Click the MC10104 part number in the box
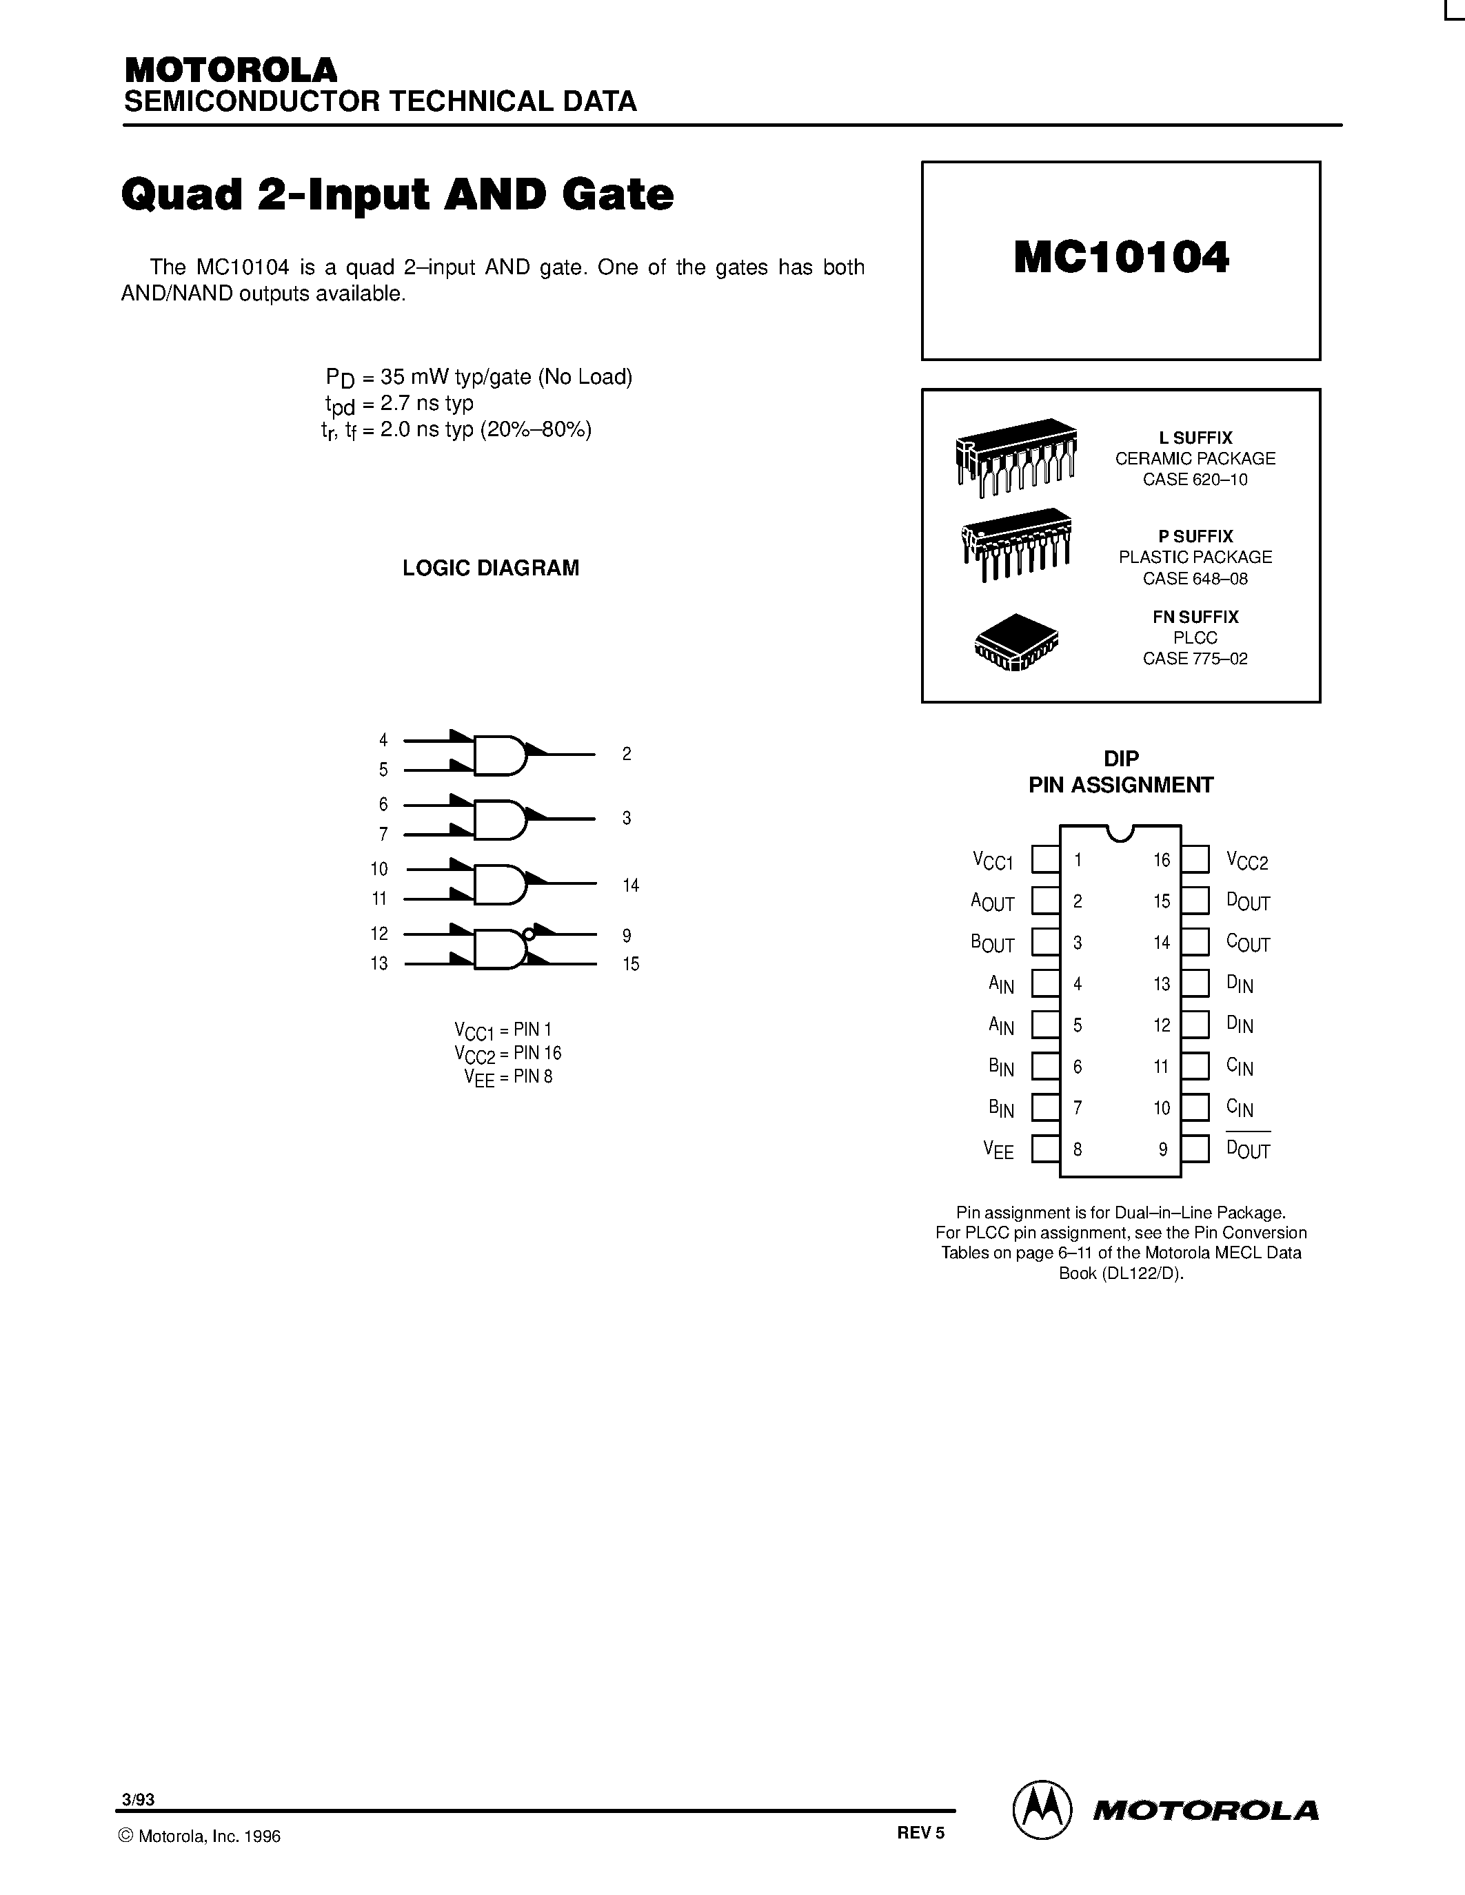[x=1120, y=258]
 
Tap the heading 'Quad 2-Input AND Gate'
[x=398, y=194]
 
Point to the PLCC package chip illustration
[x=1016, y=643]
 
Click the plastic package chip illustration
[x=1016, y=544]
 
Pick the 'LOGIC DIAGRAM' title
[x=490, y=568]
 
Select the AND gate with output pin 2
[x=499, y=755]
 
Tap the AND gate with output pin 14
[x=499, y=884]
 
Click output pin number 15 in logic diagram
[x=631, y=964]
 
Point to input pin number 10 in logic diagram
[x=379, y=868]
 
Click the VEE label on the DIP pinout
[x=998, y=1151]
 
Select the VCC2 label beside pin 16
[x=1247, y=861]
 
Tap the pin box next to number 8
[x=1045, y=1149]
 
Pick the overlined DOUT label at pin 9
[x=1248, y=1149]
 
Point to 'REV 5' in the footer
[x=920, y=1832]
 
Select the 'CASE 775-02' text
[x=1195, y=659]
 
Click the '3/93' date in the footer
[x=139, y=1799]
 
